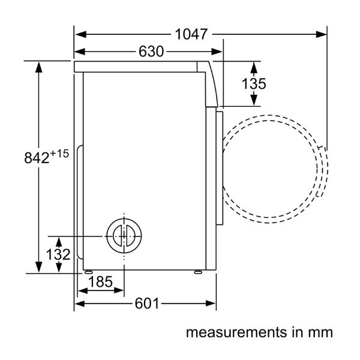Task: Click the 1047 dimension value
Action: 191,34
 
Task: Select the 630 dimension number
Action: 151,52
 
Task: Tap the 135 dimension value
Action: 254,83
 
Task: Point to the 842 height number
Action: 37,158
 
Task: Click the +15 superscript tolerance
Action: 59,154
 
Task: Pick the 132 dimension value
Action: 58,254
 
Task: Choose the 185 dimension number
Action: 101,282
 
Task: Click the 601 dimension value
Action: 147,304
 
